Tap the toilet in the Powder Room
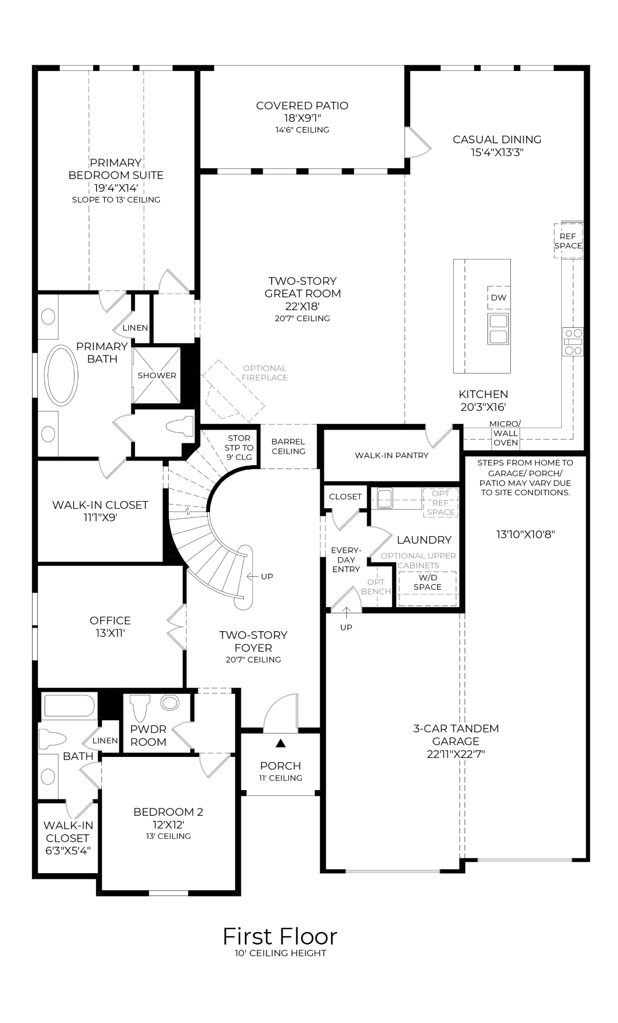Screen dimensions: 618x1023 pos(140,707)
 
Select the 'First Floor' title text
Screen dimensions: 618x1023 pos(280,937)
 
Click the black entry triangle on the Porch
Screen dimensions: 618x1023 pos(280,743)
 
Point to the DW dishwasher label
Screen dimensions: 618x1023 pos(498,298)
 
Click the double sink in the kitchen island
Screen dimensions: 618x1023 pos(498,328)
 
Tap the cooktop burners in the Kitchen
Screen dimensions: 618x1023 pos(573,342)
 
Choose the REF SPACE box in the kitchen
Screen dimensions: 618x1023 pos(568,240)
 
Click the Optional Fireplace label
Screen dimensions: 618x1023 pos(264,372)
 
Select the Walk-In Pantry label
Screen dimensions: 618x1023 pos(391,455)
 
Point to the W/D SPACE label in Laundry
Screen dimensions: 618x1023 pos(427,582)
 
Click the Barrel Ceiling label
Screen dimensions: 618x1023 pos(288,446)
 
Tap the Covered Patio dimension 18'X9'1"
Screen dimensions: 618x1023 pos(302,118)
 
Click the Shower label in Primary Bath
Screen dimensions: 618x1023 pos(157,375)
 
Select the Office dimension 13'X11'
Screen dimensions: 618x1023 pos(110,633)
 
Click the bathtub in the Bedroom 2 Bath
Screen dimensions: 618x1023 pos(69,706)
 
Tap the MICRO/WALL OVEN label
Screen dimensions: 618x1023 pos(506,433)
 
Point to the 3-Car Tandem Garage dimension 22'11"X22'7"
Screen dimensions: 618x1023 pos(456,754)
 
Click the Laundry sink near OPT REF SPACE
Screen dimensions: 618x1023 pos(385,495)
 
